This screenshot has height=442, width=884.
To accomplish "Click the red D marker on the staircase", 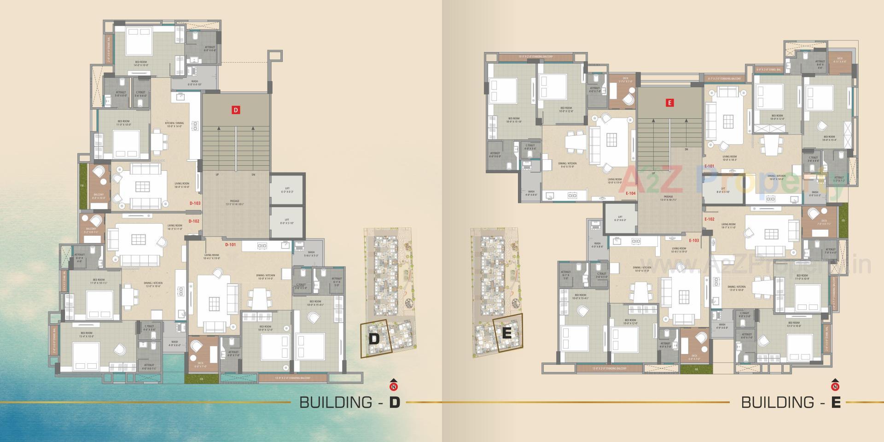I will [x=235, y=110].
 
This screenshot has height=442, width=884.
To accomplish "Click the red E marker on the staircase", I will [x=670, y=103].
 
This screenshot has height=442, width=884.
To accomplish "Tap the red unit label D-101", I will [x=230, y=245].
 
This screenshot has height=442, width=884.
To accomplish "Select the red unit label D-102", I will [x=194, y=221].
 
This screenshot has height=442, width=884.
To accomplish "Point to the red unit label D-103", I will [x=194, y=204].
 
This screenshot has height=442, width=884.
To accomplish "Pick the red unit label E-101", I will [x=709, y=166].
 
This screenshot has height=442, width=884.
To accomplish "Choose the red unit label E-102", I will [x=709, y=219].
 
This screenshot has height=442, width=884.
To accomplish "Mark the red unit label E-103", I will [x=693, y=241].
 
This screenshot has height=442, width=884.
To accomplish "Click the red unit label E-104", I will [x=630, y=194].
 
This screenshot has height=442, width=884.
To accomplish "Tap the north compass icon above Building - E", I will [x=834, y=384].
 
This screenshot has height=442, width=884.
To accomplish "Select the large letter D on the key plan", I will [x=374, y=339].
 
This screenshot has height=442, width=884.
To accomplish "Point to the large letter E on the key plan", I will [x=506, y=333].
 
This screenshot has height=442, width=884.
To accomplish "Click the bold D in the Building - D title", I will [x=395, y=402].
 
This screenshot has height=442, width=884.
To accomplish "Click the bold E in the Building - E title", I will [x=836, y=402].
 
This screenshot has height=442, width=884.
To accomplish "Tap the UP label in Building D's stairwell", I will [x=217, y=175].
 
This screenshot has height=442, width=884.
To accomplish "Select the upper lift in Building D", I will [x=287, y=189].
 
